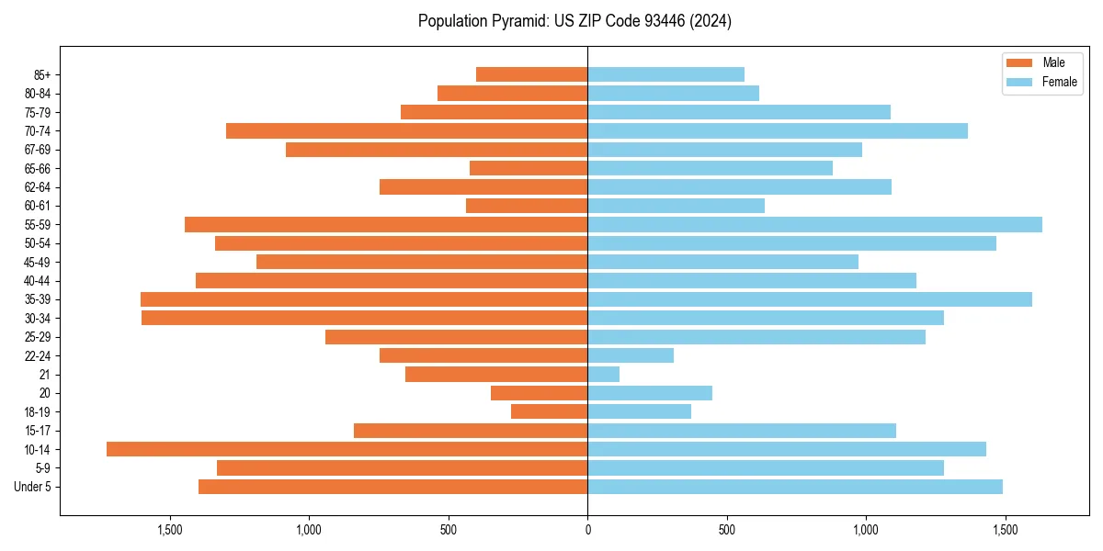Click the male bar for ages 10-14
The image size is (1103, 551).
(x=347, y=449)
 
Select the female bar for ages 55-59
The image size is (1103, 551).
(x=814, y=224)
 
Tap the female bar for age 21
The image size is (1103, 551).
(x=603, y=374)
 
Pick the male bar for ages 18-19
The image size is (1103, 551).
(x=549, y=411)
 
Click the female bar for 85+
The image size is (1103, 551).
(x=665, y=74)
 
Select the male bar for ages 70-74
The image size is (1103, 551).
(x=406, y=130)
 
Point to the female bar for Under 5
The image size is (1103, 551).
(x=794, y=487)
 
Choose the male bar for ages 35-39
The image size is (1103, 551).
(x=364, y=299)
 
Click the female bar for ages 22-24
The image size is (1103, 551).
(x=631, y=355)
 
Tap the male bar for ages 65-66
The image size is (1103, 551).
(x=529, y=168)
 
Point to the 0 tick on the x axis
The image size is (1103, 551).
(x=587, y=530)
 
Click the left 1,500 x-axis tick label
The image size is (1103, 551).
(x=169, y=530)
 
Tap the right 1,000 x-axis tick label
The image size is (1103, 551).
(x=866, y=530)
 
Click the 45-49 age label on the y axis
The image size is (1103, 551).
(x=38, y=262)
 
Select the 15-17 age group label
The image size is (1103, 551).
(x=38, y=431)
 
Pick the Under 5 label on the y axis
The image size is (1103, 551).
(x=32, y=487)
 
